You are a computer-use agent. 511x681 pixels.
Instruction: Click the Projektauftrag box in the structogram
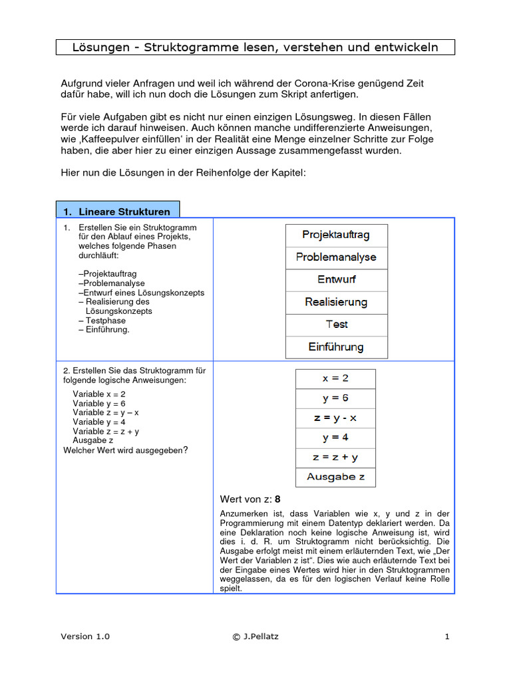336,235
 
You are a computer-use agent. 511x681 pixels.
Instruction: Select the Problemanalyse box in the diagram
336,257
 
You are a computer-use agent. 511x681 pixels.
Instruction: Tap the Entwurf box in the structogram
336,280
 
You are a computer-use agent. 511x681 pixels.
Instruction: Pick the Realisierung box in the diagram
336,303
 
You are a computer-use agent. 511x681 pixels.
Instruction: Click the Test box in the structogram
336,325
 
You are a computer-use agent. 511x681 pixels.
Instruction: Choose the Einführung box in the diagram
336,347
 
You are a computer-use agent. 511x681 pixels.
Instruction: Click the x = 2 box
335,378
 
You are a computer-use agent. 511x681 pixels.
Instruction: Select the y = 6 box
335,398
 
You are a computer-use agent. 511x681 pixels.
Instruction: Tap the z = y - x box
335,418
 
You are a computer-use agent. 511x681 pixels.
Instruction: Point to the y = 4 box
335,438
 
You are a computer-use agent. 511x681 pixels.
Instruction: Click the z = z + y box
335,458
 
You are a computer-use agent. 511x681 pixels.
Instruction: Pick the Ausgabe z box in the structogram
335,477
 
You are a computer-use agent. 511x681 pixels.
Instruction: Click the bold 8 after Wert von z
277,499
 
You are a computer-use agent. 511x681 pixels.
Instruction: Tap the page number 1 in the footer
447,636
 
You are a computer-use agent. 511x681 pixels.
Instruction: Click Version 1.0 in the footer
85,636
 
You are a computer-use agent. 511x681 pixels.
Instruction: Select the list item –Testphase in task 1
101,321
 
